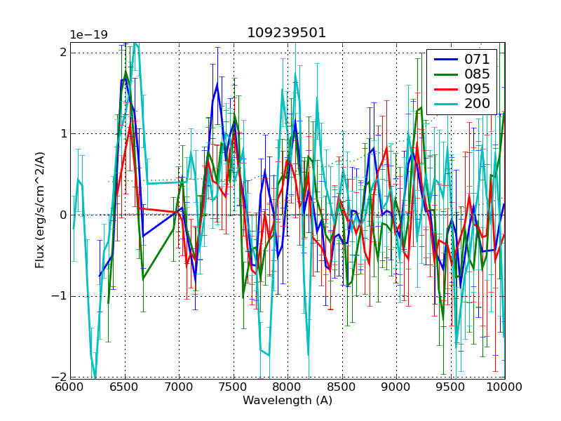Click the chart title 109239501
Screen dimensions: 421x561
pyautogui.click(x=286, y=33)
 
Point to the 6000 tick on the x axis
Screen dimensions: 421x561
pyautogui.click(x=70, y=387)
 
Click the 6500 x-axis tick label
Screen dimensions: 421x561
pyautogui.click(x=125, y=387)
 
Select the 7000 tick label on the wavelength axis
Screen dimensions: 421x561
pyautogui.click(x=179, y=387)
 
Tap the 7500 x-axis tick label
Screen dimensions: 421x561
pyautogui.click(x=234, y=387)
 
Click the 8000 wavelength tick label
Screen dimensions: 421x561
pyautogui.click(x=288, y=387)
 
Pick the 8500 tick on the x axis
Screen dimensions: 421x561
pyautogui.click(x=342, y=387)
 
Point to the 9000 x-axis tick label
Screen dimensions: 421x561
pyautogui.click(x=396, y=387)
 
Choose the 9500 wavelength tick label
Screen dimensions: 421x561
pyautogui.click(x=451, y=387)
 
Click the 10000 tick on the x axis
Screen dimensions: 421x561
pyautogui.click(x=505, y=387)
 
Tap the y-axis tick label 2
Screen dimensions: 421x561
pyautogui.click(x=62, y=53)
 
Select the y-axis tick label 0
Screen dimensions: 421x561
pyautogui.click(x=62, y=215)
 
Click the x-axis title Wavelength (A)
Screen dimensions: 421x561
pyautogui.click(x=288, y=401)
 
